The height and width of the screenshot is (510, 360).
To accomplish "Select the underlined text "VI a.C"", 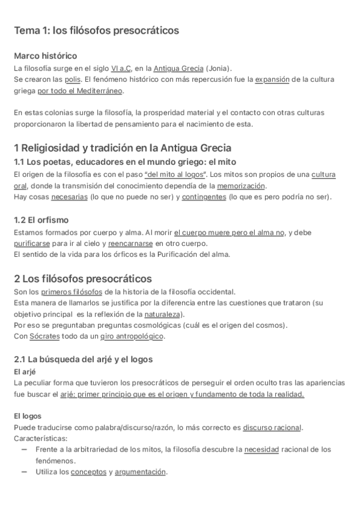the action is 121,68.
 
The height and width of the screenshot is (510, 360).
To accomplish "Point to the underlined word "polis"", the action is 73,79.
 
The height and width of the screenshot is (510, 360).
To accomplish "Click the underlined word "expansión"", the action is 272,79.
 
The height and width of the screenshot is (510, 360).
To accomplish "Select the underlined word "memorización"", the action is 241,186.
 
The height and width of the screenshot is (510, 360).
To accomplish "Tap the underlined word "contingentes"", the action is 204,197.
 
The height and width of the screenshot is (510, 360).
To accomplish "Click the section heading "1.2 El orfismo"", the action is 41,220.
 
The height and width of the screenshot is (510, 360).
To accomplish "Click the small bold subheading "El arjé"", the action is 24,371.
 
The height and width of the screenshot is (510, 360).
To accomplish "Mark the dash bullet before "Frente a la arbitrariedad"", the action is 24,449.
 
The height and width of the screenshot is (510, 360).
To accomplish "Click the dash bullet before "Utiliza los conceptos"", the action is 24,472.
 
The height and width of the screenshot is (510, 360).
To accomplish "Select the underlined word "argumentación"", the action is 140,472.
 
